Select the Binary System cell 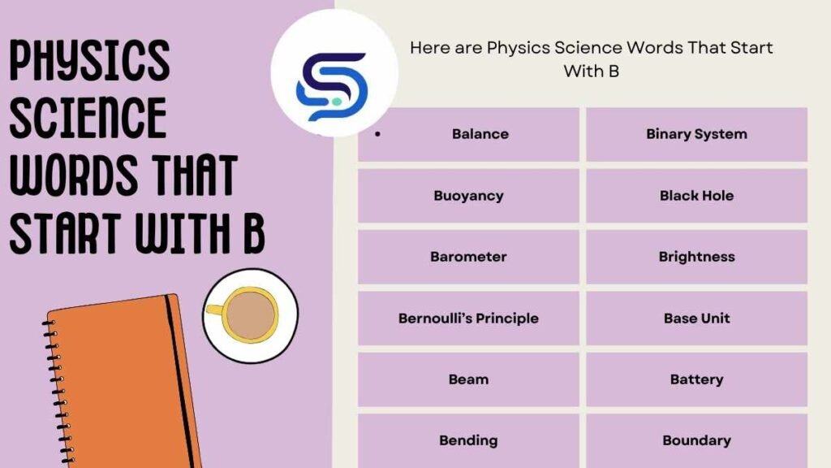coord(696,134)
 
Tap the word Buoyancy coord(468,196)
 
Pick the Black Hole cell coord(696,196)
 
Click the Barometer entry coord(468,257)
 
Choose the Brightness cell coord(696,257)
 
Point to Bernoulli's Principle coord(468,318)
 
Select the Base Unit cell coord(696,318)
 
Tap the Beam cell coord(468,379)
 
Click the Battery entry coord(696,379)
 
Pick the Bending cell coord(468,440)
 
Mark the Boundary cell coord(696,440)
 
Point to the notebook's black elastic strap coord(180,382)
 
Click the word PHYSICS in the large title coord(89,60)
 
